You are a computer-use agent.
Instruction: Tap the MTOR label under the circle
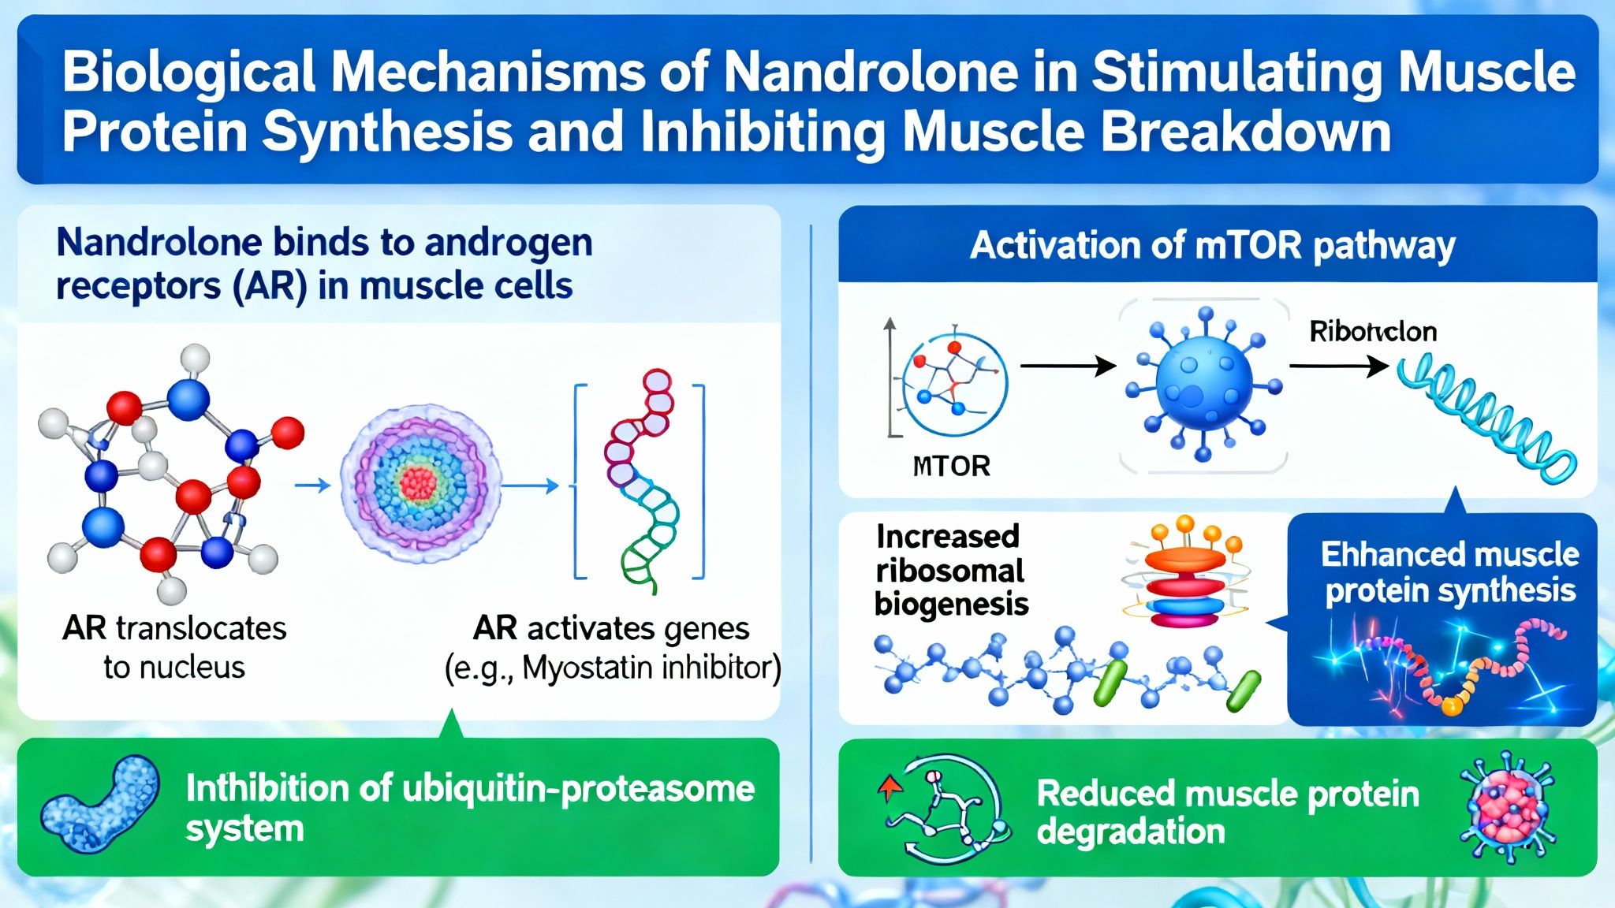click(951, 466)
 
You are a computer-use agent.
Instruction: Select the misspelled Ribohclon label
click(1373, 331)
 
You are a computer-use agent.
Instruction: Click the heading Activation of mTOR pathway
click(1212, 245)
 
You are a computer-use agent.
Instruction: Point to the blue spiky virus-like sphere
click(1203, 384)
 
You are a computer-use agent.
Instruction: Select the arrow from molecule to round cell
click(313, 485)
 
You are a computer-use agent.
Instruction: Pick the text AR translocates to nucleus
click(174, 647)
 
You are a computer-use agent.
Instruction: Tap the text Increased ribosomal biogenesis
click(950, 570)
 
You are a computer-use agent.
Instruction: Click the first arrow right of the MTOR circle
click(1068, 366)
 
